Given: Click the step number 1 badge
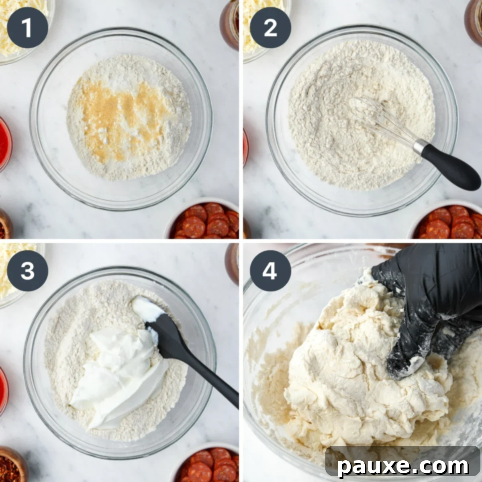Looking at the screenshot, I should click(x=27, y=28).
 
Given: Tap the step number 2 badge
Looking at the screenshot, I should click(x=270, y=28).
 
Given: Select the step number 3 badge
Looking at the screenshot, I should click(x=27, y=271).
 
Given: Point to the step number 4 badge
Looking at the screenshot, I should click(x=270, y=271).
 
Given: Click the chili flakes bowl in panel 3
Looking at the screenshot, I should click(x=10, y=466).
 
